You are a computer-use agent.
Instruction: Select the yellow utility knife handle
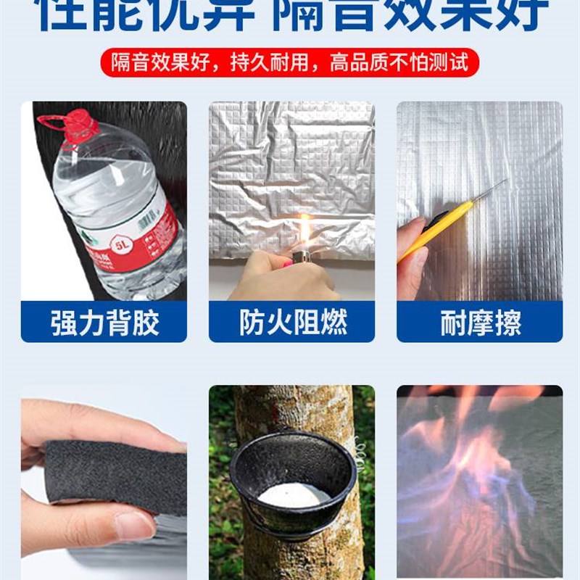pyautogui.click(x=435, y=230)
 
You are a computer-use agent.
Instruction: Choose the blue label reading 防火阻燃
pyautogui.click(x=291, y=323)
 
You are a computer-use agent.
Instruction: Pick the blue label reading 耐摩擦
pyautogui.click(x=479, y=323)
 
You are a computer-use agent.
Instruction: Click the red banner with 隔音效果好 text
pyautogui.click(x=290, y=63)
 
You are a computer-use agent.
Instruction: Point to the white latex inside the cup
pyautogui.click(x=294, y=495)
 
